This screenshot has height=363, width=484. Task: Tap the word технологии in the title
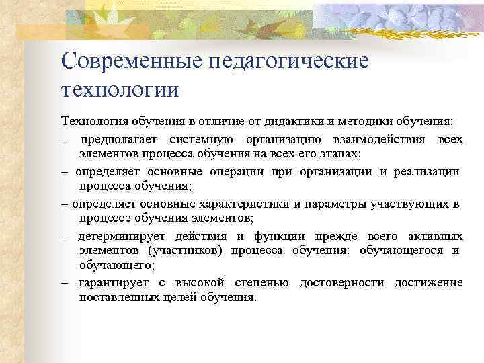coord(120,89)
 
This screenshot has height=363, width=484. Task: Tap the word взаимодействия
coord(382,139)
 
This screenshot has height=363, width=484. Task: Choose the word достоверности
coord(342,282)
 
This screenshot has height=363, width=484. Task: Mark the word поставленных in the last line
coord(113,296)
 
